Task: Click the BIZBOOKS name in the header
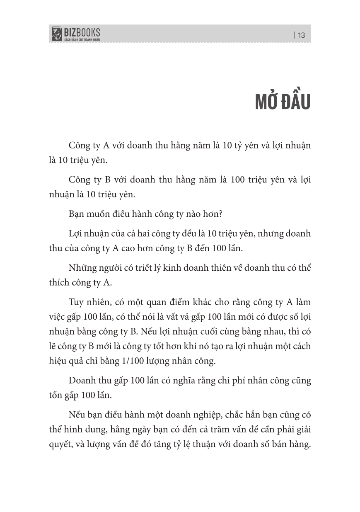coord(82,32)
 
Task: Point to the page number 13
coord(301,35)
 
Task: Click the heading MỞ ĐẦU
coord(283,102)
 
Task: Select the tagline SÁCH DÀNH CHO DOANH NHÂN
coord(82,39)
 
